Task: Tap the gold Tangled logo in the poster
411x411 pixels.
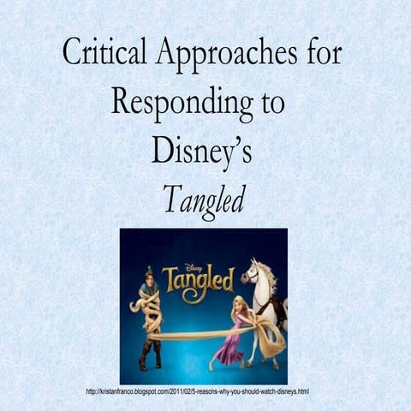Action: (x=198, y=279)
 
